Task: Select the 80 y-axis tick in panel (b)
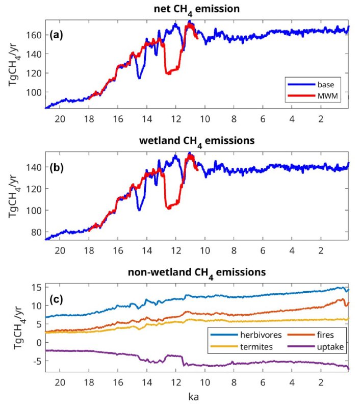click(37, 232)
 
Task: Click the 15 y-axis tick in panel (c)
click(37, 287)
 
